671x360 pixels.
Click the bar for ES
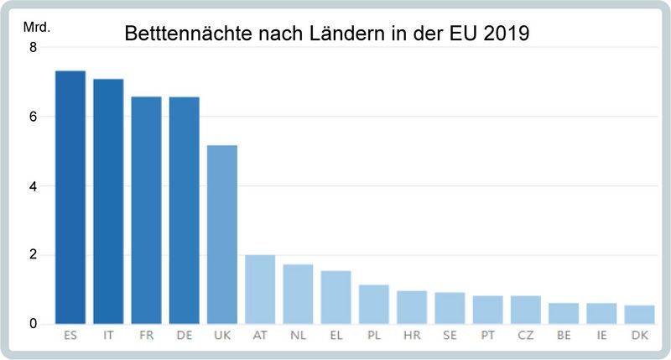tap(70, 197)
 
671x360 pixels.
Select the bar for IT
tap(108, 201)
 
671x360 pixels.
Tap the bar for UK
tap(222, 234)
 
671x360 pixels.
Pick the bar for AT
tap(260, 290)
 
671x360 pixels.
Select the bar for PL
tap(374, 305)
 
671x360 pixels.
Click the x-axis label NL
tap(298, 335)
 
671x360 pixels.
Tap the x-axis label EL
tap(335, 335)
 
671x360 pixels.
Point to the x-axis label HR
tap(412, 335)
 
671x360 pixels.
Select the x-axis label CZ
tap(526, 335)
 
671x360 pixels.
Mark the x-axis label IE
tap(601, 335)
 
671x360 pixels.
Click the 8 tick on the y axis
tap(34, 48)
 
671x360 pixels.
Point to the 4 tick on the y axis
tap(34, 186)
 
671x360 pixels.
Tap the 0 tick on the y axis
tap(34, 324)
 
